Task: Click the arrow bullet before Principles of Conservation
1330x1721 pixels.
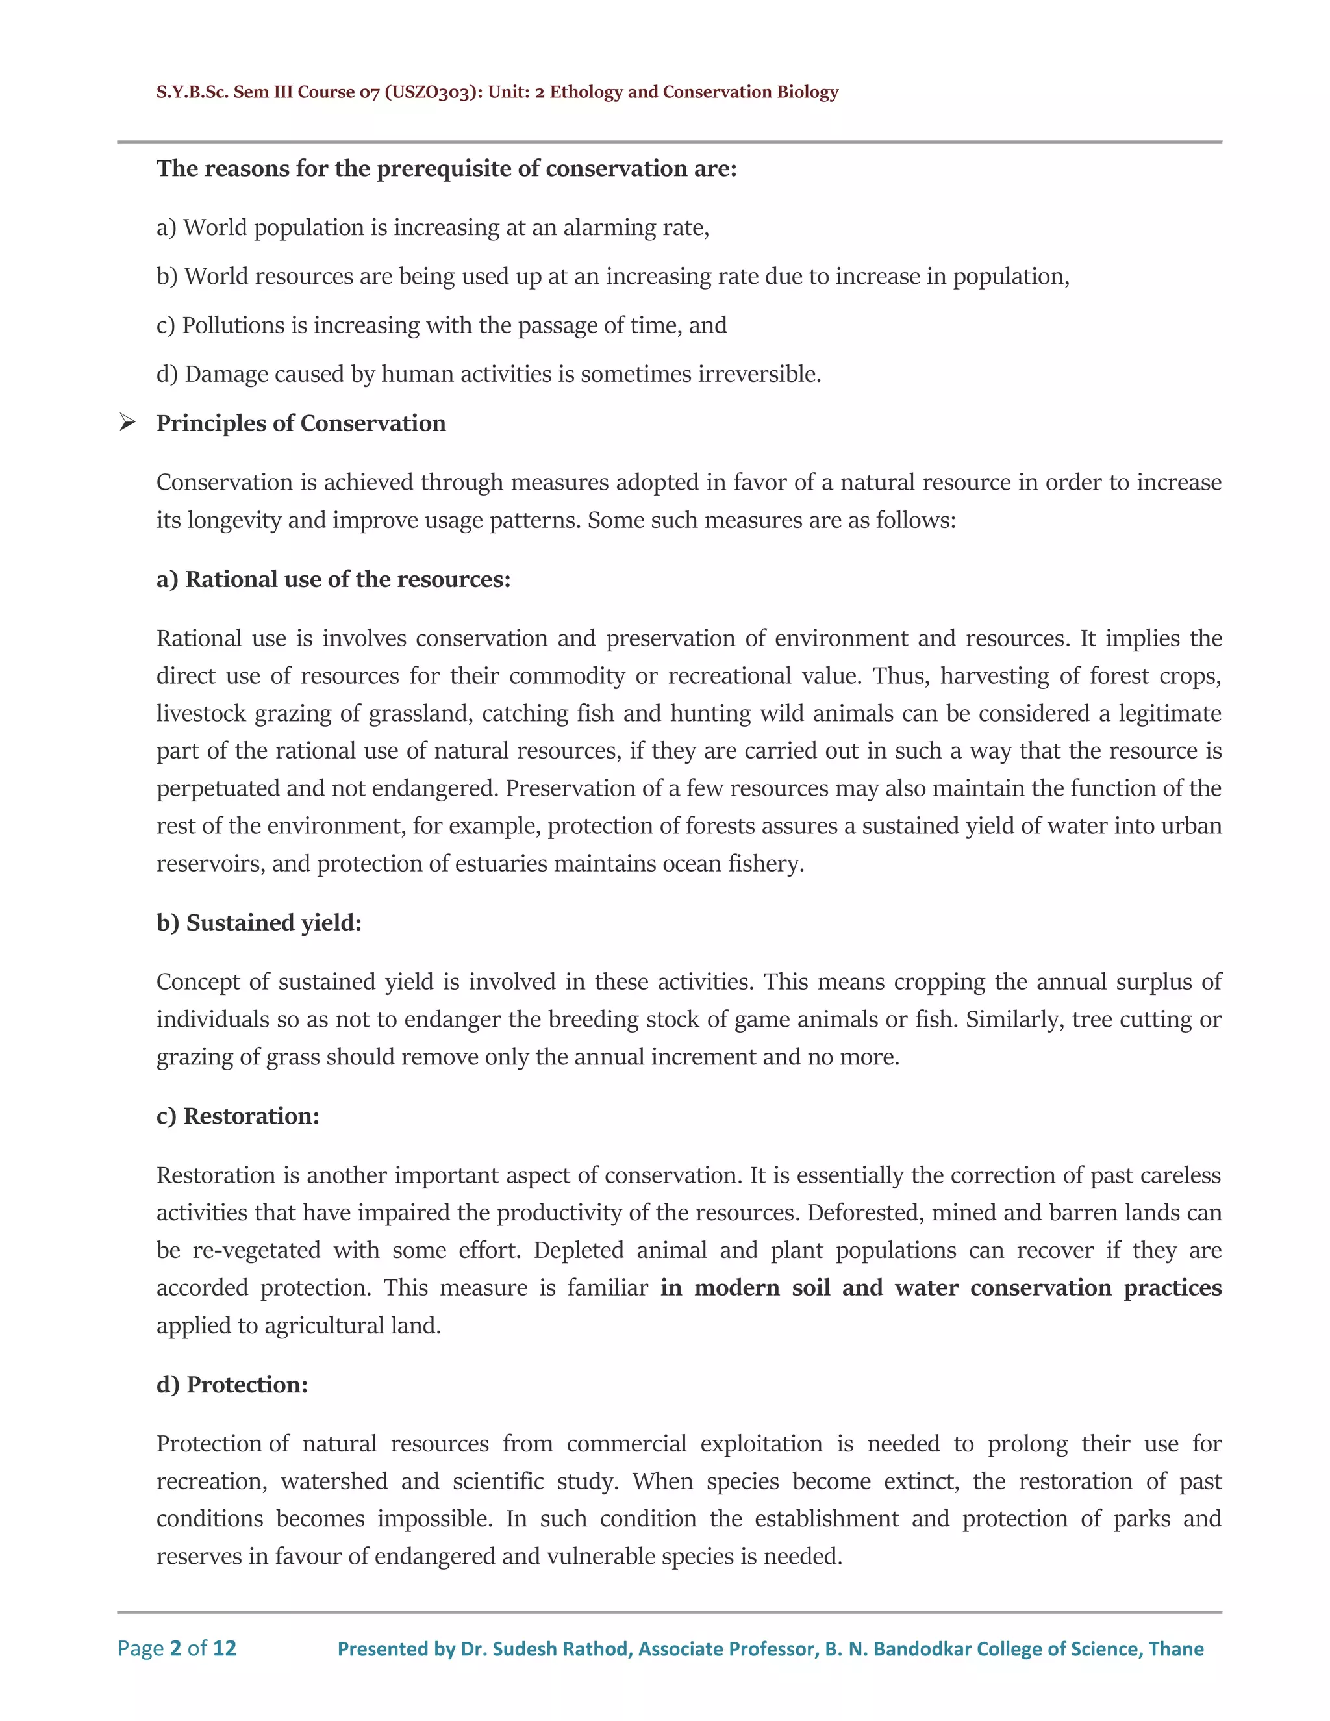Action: pyautogui.click(x=127, y=423)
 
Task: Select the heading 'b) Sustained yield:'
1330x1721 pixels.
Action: pyautogui.click(x=258, y=922)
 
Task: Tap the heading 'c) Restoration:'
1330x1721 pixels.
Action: pyautogui.click(x=237, y=1116)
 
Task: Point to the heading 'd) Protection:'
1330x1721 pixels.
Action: pyautogui.click(x=232, y=1385)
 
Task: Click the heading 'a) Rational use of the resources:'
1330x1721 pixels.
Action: pyautogui.click(x=333, y=579)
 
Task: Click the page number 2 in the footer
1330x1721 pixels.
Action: pyautogui.click(x=176, y=1648)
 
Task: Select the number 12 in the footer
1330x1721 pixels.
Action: pyautogui.click(x=225, y=1648)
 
